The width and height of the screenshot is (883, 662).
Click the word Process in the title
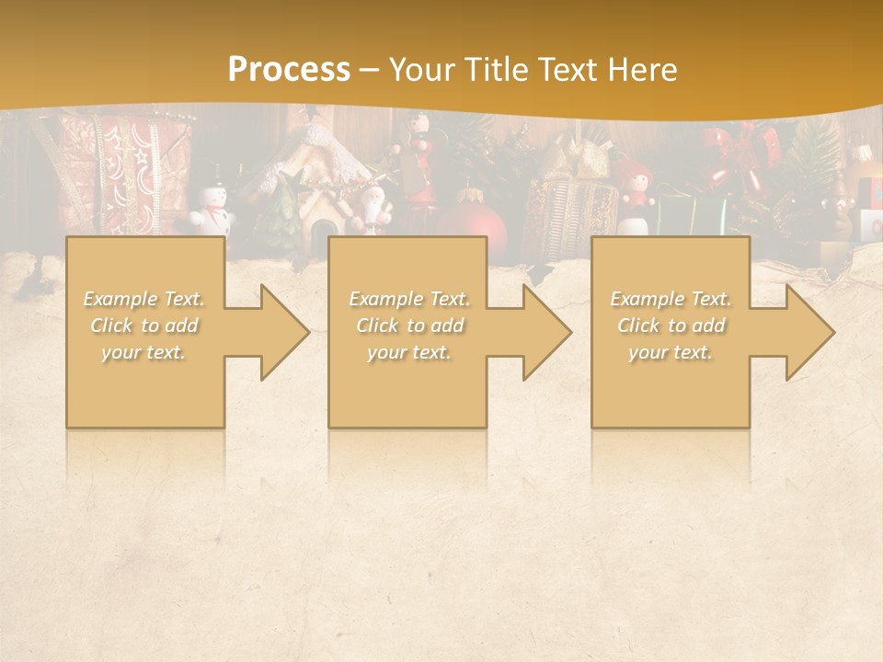[289, 70]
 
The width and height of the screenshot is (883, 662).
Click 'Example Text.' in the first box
[144, 299]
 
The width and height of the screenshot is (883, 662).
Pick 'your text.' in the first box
[144, 352]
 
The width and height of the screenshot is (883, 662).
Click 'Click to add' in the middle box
[409, 325]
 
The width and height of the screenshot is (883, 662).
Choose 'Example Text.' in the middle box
[409, 299]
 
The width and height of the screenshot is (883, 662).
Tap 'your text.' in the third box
[671, 352]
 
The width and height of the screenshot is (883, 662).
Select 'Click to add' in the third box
[671, 325]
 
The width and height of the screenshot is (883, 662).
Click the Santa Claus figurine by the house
[372, 208]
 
